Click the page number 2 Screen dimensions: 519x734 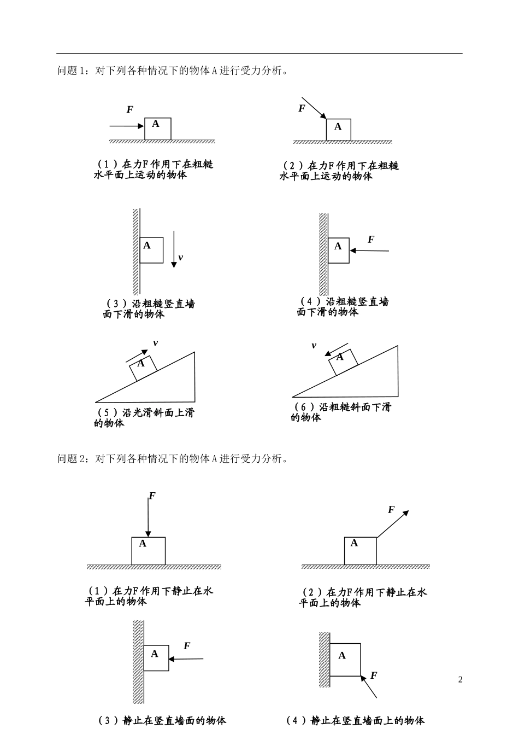pyautogui.click(x=460, y=680)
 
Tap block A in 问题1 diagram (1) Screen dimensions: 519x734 pyautogui.click(x=157, y=129)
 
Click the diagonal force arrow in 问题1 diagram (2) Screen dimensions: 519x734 pyautogui.click(x=313, y=108)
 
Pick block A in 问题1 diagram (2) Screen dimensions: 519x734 pyautogui.click(x=338, y=130)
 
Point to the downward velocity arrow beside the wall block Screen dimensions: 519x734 pyautogui.click(x=174, y=249)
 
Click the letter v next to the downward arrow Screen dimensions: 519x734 pyautogui.click(x=181, y=257)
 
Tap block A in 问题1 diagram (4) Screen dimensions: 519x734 pyautogui.click(x=339, y=250)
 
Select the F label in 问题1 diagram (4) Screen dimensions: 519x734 pyautogui.click(x=371, y=240)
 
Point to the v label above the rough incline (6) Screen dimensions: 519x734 pyautogui.click(x=314, y=346)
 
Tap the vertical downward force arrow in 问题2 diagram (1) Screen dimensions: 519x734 pyautogui.click(x=148, y=517)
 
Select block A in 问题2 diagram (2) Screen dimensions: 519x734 pyautogui.click(x=360, y=551)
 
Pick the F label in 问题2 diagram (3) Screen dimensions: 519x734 pyautogui.click(x=187, y=646)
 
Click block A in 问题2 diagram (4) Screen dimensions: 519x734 pyautogui.click(x=345, y=660)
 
